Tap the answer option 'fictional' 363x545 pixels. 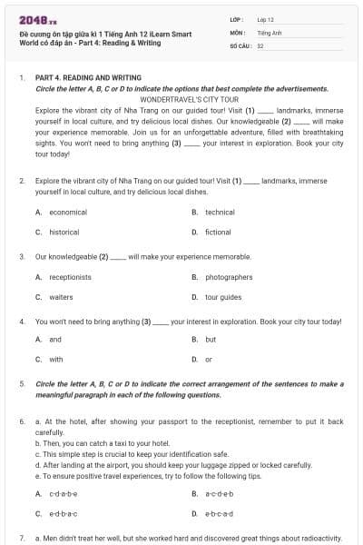pos(218,232)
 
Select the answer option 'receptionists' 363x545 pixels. pos(70,277)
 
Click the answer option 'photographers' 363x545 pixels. pos(229,277)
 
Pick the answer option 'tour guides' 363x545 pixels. pos(223,297)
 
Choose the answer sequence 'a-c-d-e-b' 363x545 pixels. pos(219,493)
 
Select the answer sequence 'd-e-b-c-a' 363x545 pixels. pos(219,513)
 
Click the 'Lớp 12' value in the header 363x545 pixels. pos(265,18)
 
